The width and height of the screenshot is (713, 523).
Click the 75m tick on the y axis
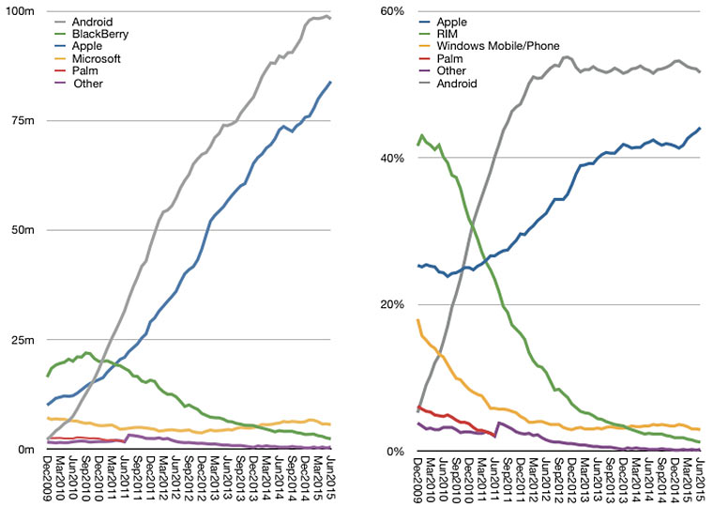pos(24,120)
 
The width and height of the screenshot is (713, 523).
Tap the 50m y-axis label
pos(24,230)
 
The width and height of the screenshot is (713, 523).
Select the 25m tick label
pos(24,340)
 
